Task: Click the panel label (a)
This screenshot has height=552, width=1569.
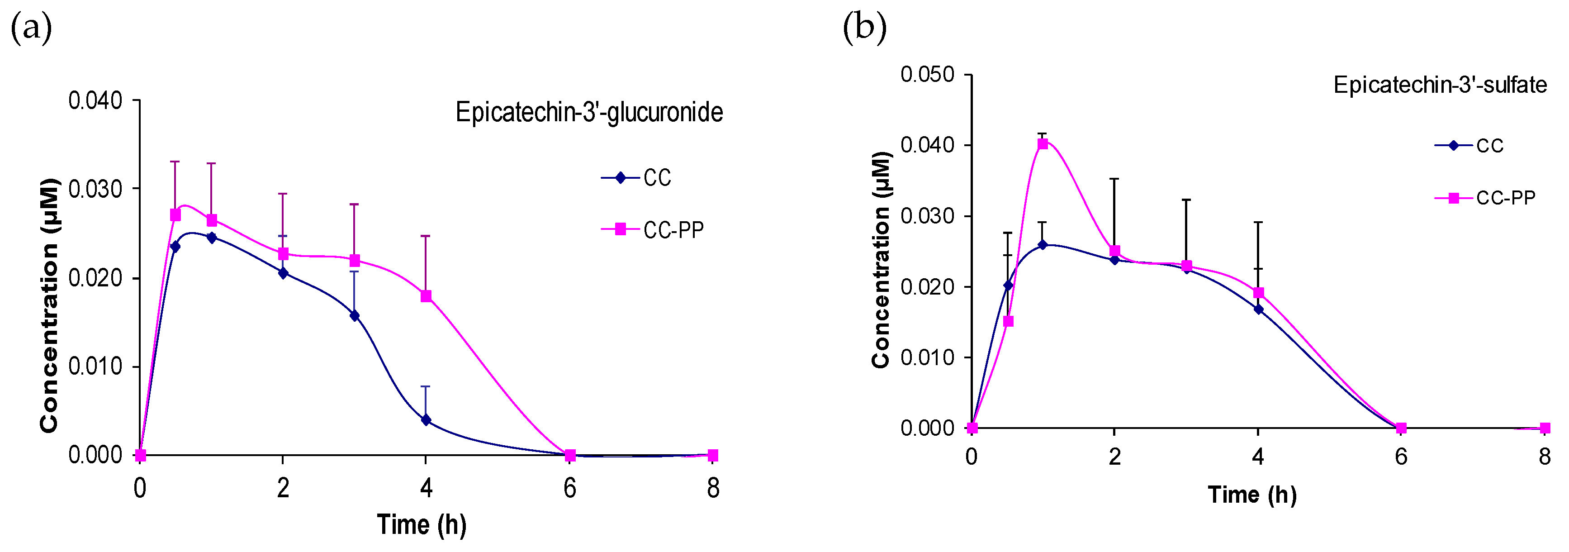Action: pyautogui.click(x=31, y=29)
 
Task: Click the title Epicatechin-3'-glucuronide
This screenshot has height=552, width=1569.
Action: pyautogui.click(x=588, y=113)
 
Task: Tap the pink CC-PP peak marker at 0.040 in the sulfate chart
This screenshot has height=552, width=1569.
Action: pyautogui.click(x=1043, y=144)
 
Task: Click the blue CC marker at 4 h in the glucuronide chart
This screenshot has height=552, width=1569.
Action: pyautogui.click(x=426, y=420)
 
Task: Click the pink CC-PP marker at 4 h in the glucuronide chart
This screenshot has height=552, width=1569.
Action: pyautogui.click(x=426, y=296)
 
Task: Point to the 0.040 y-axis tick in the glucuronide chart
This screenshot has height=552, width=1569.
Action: pyautogui.click(x=95, y=100)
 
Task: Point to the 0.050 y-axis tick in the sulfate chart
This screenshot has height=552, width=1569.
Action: pyautogui.click(x=927, y=75)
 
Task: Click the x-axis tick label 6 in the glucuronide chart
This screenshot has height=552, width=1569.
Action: pyautogui.click(x=569, y=488)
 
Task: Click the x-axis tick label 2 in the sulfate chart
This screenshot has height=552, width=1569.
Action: pyautogui.click(x=1114, y=457)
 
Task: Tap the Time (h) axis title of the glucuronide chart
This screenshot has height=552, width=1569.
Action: pyautogui.click(x=422, y=524)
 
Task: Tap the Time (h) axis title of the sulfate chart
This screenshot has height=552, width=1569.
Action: pyautogui.click(x=1252, y=495)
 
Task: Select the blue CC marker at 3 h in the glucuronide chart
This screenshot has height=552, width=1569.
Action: pyautogui.click(x=355, y=316)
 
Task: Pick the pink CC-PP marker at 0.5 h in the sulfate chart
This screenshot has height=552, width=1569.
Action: pyautogui.click(x=1008, y=321)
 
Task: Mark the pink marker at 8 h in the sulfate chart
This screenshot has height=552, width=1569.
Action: pyautogui.click(x=1544, y=428)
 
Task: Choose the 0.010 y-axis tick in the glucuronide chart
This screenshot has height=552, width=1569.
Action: pyautogui.click(x=95, y=367)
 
